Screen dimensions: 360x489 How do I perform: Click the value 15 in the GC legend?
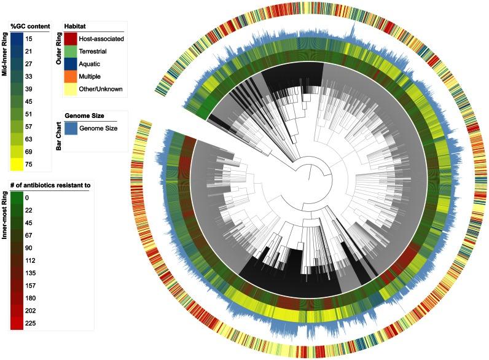tap(29, 39)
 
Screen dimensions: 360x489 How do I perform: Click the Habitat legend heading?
tap(76, 26)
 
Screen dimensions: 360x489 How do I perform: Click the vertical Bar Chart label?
tap(59, 133)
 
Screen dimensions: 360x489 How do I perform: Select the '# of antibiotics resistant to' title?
tap(50, 186)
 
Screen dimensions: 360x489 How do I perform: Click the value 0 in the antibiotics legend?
tap(28, 198)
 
